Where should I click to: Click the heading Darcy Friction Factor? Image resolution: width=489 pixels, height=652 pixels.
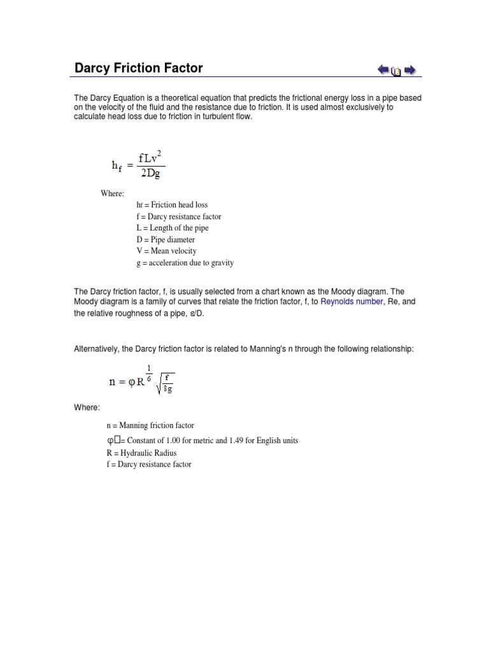coord(139,67)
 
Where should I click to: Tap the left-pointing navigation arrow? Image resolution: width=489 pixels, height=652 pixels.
coord(383,69)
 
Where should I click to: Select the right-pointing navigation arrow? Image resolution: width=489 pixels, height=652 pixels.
coord(410,69)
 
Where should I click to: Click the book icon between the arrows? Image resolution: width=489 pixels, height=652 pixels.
coord(396,71)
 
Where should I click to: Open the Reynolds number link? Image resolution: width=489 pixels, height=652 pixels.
coord(352,301)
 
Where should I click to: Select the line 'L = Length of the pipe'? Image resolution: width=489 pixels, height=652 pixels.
coord(172,228)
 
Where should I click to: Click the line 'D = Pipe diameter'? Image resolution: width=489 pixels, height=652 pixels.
coord(166,239)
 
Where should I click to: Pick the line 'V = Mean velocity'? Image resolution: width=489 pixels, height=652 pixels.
coord(166,251)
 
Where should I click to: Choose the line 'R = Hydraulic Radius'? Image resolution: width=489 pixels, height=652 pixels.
coord(141,453)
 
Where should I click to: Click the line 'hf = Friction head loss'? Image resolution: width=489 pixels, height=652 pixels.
coord(171,205)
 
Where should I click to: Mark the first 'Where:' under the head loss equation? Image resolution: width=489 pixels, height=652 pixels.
coord(112,194)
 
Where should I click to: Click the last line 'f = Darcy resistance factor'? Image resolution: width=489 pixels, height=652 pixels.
coord(149,464)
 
